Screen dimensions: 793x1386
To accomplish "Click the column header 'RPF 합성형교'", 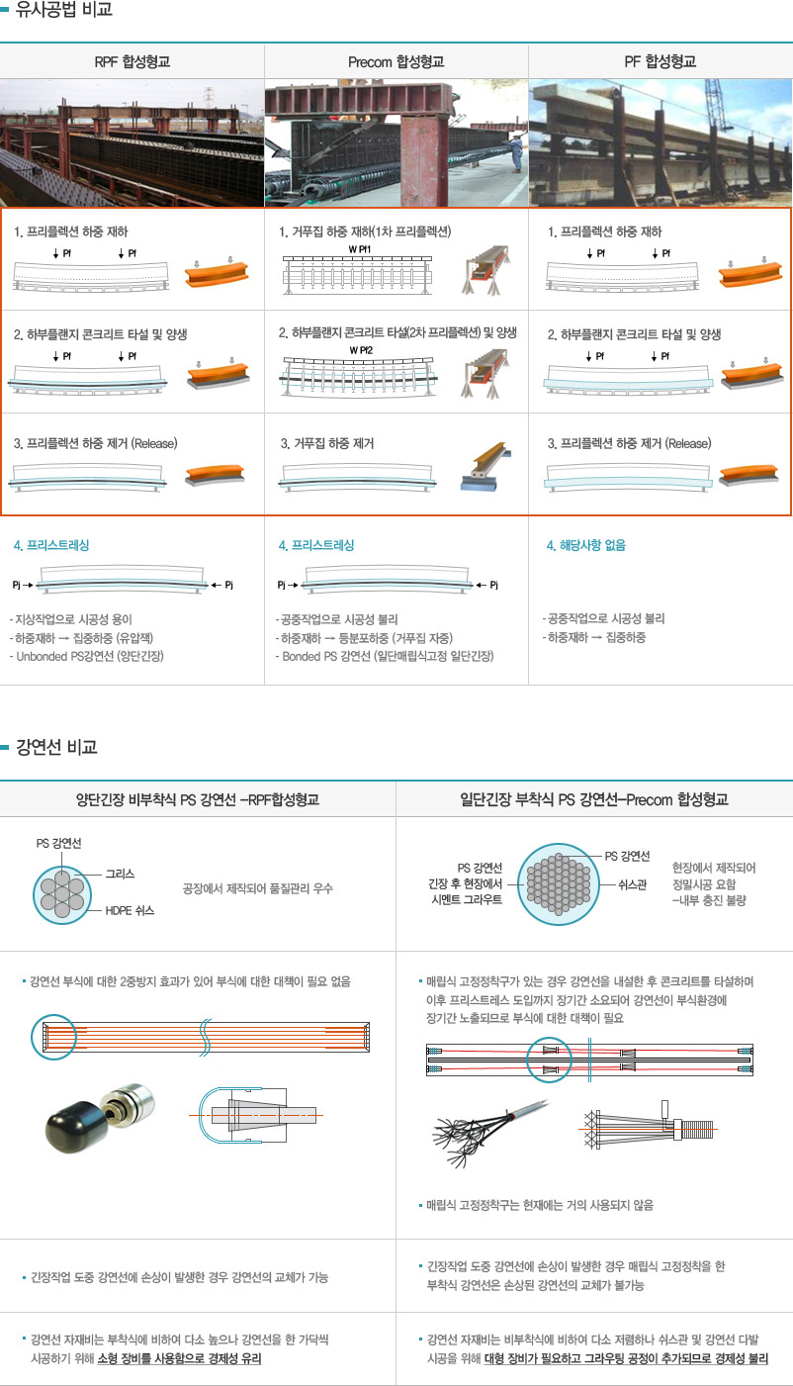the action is click(132, 61).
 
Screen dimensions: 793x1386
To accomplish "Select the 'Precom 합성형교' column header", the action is click(396, 62).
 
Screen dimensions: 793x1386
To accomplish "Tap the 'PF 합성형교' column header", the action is click(660, 61).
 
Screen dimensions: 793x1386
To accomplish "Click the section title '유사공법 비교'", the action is click(63, 9).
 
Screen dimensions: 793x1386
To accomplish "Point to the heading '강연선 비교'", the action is click(56, 747).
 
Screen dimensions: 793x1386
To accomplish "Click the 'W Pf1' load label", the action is click(360, 249).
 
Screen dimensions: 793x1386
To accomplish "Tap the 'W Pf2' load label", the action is click(361, 350).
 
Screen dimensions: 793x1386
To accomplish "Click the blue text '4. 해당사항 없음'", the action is click(585, 545).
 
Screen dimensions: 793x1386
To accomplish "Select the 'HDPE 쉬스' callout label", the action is click(130, 910).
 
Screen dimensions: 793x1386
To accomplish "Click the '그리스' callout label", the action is click(120, 874).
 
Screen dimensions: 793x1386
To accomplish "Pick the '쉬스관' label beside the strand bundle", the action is click(632, 884).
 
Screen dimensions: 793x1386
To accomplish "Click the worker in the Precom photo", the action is click(515, 151).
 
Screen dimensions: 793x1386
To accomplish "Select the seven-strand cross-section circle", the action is click(62, 894).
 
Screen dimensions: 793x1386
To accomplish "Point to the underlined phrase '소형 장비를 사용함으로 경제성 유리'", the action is click(179, 1358).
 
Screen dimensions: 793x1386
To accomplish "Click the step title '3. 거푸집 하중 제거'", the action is click(326, 443).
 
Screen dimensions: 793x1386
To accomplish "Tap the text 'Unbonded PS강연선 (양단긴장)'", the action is click(90, 656).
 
